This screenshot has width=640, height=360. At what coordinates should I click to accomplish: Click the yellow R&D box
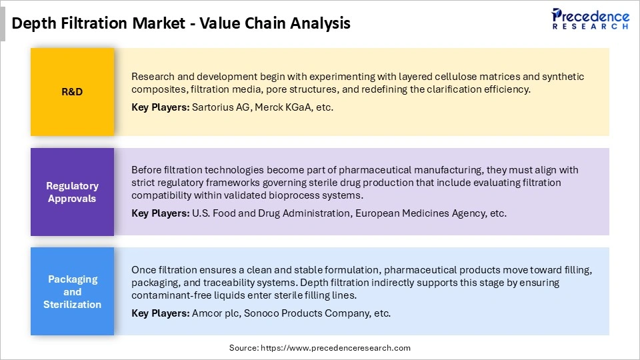tap(72, 92)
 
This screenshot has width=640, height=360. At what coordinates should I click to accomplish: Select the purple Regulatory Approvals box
tap(72, 192)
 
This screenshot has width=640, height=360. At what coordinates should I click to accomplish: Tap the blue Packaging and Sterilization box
tap(72, 291)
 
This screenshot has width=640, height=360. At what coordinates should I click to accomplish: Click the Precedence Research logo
tap(590, 19)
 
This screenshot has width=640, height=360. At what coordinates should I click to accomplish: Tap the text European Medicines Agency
tap(416, 213)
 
